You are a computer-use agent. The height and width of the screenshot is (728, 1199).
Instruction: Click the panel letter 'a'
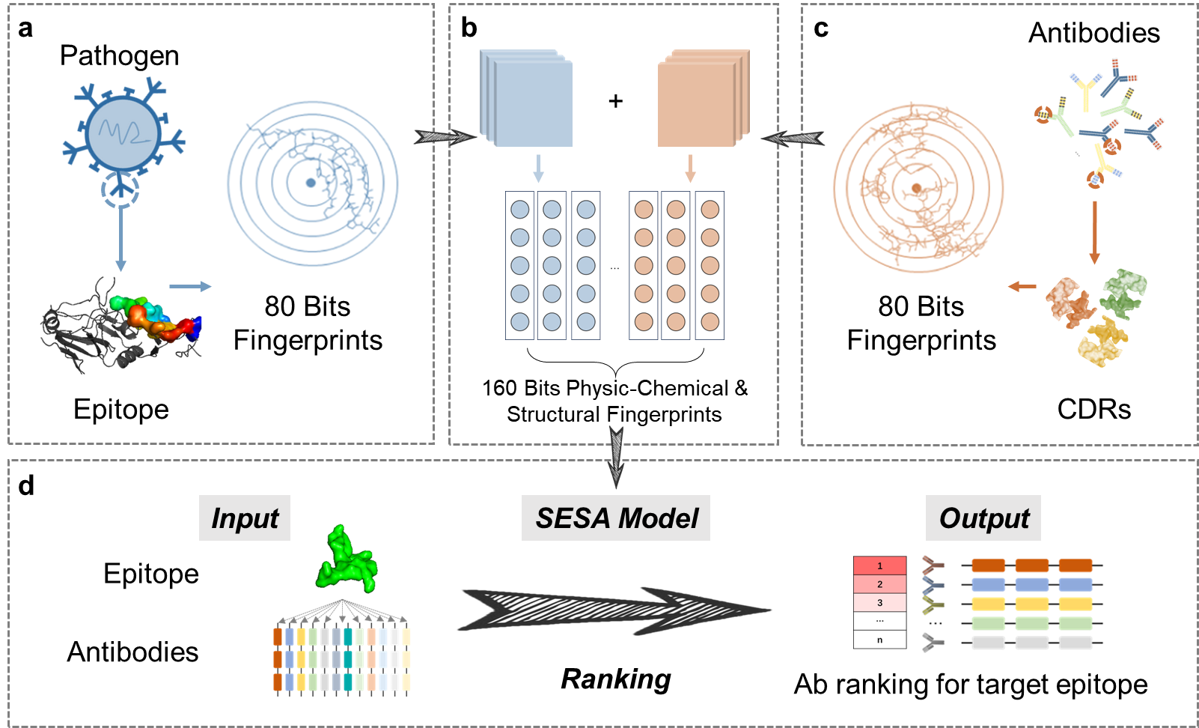pos(25,28)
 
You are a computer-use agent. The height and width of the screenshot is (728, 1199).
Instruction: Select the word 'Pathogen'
pos(119,56)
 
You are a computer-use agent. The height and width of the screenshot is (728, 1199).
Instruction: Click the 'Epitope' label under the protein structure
pos(121,410)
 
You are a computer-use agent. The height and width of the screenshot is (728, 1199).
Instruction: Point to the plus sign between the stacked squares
pos(615,101)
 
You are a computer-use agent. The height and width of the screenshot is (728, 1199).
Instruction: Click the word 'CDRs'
pos(1093,410)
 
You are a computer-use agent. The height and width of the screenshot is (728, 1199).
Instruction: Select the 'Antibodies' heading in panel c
pos(1093,33)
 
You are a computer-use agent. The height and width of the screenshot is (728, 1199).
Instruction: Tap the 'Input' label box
pos(245,518)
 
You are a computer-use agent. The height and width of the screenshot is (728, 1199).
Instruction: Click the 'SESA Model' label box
pos(616,518)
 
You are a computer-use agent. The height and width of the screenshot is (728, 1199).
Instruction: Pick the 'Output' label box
pos(983,518)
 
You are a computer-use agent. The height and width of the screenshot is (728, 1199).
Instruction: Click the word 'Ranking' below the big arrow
pos(616,679)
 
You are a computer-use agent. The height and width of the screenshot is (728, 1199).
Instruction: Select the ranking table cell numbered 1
pos(879,565)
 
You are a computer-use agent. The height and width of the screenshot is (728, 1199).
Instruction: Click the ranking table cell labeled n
pos(879,640)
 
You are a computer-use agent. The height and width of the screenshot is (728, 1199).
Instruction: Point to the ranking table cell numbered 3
pos(879,602)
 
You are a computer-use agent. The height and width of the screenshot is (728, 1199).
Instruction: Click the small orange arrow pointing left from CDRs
pos(1022,286)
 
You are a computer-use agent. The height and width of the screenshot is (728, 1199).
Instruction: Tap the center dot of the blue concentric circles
pos(311,183)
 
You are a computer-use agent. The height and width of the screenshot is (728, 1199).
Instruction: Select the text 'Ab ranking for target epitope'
pos(971,685)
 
